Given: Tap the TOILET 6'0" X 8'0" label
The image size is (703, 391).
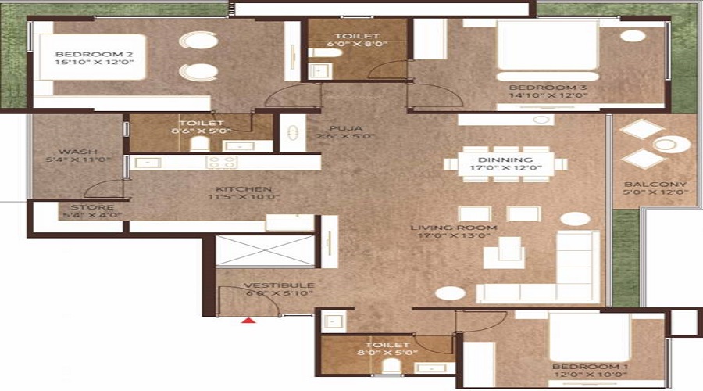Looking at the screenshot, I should coord(357,37).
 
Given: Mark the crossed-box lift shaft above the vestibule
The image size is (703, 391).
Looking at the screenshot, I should coord(266,251).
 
